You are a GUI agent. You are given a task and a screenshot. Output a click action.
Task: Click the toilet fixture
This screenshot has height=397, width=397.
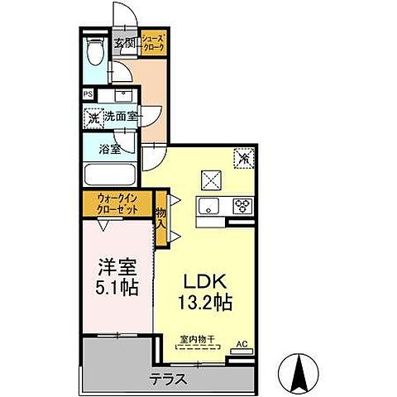pos(96,55)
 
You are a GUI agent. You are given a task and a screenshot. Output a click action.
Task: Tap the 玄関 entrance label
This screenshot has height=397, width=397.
pos(125,44)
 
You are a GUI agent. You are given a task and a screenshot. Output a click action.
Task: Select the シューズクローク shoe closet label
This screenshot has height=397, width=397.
pos(153,44)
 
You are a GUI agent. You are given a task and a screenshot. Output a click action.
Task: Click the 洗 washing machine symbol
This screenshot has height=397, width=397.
pos(93,117)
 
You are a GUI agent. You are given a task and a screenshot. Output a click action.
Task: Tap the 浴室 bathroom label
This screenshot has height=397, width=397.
pos(109,151)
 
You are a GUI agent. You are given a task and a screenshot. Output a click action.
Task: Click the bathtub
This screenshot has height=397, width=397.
pos(110,175)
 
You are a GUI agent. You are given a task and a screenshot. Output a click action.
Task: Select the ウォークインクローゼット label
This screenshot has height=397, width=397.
pos(117,203)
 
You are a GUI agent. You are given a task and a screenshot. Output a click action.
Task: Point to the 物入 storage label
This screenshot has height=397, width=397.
pos(162,218)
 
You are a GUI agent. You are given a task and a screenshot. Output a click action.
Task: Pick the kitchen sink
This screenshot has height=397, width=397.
pos(208,206)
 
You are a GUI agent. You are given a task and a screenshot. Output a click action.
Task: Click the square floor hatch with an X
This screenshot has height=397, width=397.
pos(210,178)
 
